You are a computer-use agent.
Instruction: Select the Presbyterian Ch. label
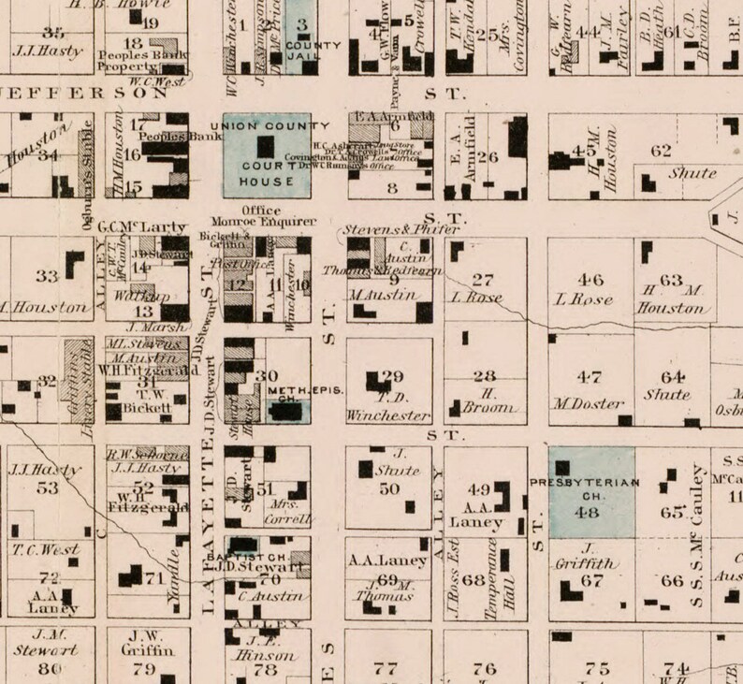point(590,482)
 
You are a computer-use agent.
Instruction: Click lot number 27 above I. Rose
point(483,279)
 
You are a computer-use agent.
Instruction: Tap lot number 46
point(590,279)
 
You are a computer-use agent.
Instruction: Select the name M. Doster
point(589,404)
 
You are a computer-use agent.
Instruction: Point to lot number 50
point(388,488)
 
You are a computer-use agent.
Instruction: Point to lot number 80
point(49,668)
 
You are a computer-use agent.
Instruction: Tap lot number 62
point(661,151)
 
